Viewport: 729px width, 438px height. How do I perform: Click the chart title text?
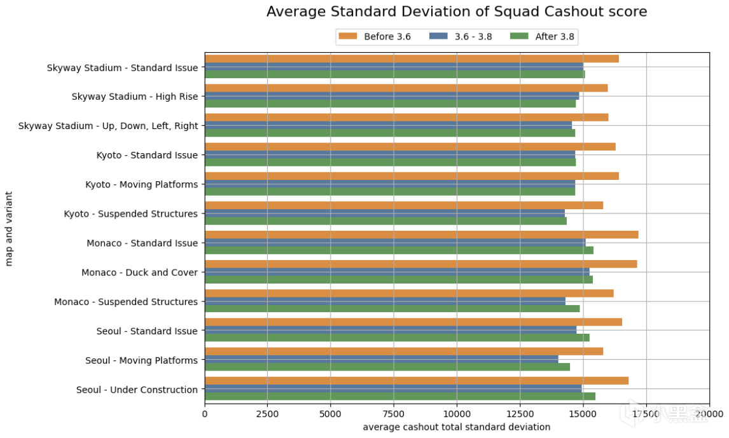click(457, 12)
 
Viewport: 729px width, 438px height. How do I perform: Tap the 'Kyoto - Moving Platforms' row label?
click(141, 184)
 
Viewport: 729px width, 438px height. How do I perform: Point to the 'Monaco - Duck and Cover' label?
click(139, 272)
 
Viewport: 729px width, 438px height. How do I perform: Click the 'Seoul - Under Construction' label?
click(137, 390)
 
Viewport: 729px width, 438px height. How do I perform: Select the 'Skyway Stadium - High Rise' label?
click(134, 97)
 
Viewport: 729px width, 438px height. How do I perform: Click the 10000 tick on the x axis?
click(457, 414)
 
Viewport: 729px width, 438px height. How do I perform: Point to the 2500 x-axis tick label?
click(267, 414)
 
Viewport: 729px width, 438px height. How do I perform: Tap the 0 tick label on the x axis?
click(205, 414)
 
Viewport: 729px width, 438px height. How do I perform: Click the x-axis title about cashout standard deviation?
click(456, 427)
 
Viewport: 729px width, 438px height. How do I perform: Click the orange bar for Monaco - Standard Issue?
click(421, 235)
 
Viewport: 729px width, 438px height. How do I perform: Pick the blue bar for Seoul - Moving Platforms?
click(382, 360)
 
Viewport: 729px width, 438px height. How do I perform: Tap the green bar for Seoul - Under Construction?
click(399, 397)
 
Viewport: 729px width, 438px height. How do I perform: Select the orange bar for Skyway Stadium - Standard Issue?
click(412, 59)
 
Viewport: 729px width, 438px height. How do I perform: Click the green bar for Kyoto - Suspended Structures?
click(385, 221)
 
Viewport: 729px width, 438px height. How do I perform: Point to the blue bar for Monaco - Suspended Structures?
click(385, 301)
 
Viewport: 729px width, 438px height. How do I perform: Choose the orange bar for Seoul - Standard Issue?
click(413, 323)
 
